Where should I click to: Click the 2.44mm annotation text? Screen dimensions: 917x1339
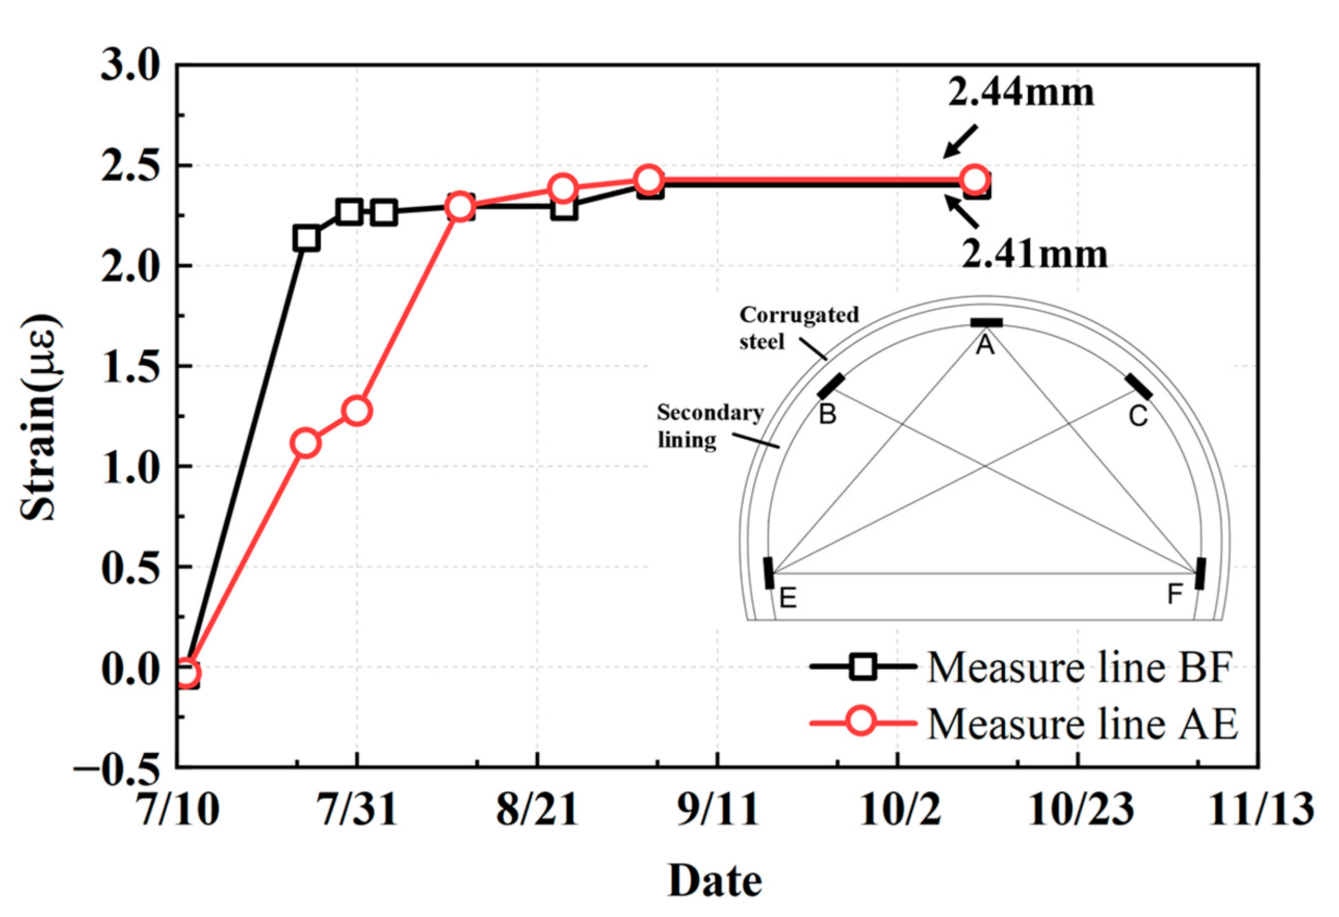[x=1020, y=93]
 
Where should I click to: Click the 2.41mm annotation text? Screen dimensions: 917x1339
[x=1034, y=254]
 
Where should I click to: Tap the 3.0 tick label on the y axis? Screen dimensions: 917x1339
[x=130, y=65]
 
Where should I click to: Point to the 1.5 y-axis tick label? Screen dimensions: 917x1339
[x=130, y=366]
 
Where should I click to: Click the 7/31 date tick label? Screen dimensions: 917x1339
[x=358, y=809]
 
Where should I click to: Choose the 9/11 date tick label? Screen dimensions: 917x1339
[x=718, y=809]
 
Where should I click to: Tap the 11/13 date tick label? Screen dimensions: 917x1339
[x=1261, y=809]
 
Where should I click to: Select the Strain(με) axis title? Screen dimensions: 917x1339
[x=38, y=416]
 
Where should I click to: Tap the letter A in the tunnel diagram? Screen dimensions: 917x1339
[x=984, y=345]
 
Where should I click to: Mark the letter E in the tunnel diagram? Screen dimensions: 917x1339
[x=787, y=598]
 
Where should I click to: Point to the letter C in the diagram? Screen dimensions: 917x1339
[x=1138, y=415]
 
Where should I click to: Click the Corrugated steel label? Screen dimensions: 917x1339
[x=798, y=327]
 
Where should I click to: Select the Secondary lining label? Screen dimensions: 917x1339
[x=710, y=426]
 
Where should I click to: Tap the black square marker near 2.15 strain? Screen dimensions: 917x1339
[x=307, y=238]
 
